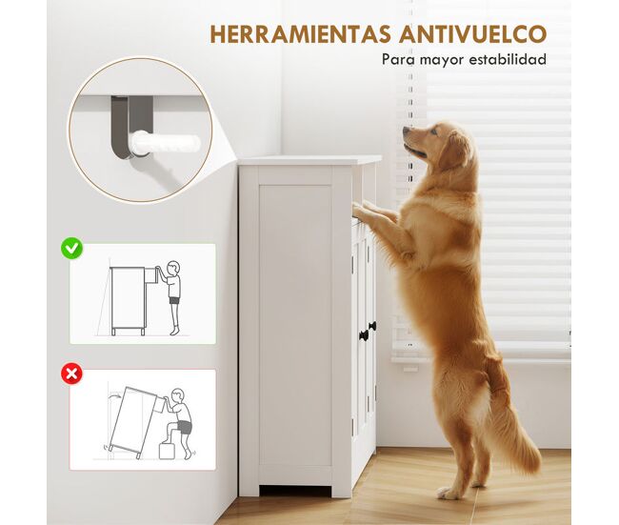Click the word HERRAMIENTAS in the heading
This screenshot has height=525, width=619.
coord(301,34)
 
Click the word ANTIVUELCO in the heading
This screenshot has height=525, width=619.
coord(473,34)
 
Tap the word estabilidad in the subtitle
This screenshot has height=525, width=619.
coord(508,59)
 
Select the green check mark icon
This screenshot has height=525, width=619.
coord(71,248)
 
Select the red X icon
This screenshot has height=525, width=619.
coord(71,374)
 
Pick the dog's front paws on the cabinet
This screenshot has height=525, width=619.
coord(369,211)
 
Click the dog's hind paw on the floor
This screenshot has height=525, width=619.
coord(448,493)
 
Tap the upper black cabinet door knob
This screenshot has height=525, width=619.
coord(372,326)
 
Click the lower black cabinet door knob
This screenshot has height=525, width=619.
coord(364,335)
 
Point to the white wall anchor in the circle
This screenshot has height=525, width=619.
coord(166,143)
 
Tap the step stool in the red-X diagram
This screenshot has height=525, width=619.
coord(167,451)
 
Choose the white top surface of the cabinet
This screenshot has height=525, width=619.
coord(309,160)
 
